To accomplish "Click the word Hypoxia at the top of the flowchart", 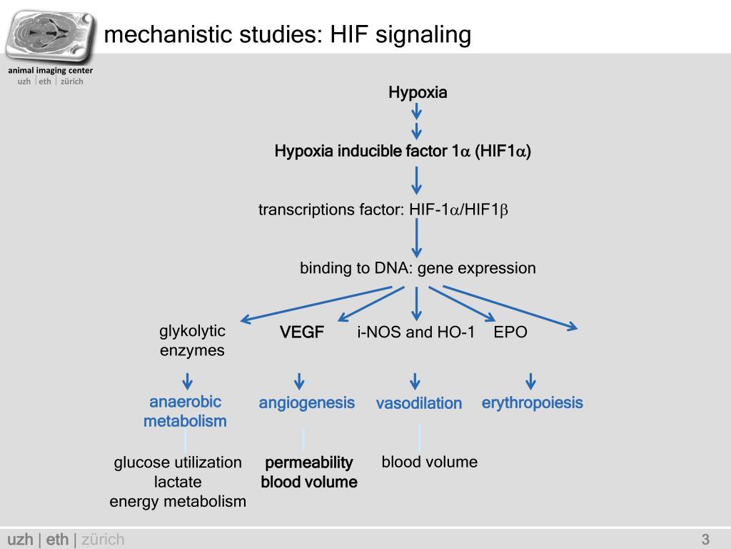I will [x=418, y=92].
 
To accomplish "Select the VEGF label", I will [x=302, y=332].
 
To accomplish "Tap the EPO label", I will [x=510, y=332].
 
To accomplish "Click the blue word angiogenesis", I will [x=306, y=403].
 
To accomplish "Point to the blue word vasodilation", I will [x=419, y=404].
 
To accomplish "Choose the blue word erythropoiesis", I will [x=532, y=403].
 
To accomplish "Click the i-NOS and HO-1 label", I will [x=415, y=332].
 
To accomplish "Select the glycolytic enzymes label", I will [x=192, y=341].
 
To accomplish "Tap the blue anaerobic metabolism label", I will [x=185, y=412].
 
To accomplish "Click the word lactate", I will [x=178, y=482].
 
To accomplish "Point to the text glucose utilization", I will [x=178, y=463].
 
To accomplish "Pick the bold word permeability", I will [x=309, y=463].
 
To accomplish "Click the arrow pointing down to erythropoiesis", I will [x=530, y=381].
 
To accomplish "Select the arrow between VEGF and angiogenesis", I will [x=300, y=381].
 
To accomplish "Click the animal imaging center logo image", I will [x=50, y=35].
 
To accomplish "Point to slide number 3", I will [x=705, y=539].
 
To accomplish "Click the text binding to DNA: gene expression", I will [x=418, y=269].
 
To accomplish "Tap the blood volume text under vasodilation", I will [x=429, y=462].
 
